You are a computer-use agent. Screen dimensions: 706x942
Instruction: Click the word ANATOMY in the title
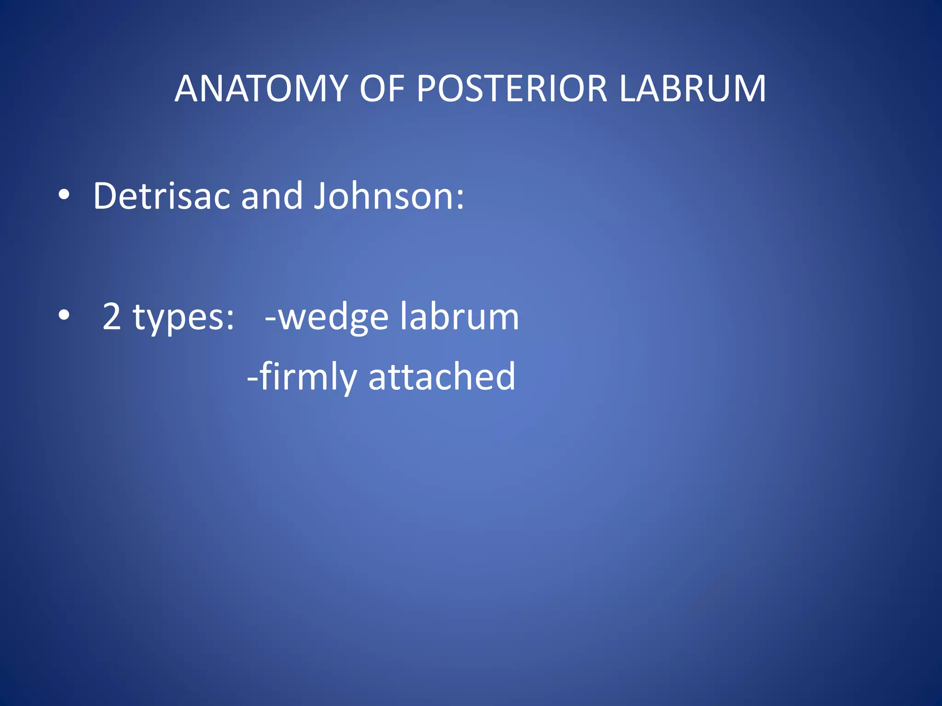(x=261, y=88)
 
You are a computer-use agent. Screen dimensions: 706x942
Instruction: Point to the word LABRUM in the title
(x=692, y=88)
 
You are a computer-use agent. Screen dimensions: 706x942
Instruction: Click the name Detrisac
(x=161, y=196)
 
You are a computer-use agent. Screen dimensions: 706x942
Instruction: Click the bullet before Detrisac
(x=64, y=195)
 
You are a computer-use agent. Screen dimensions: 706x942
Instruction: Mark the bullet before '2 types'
(x=64, y=316)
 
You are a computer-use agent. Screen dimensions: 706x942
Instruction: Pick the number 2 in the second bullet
(x=112, y=316)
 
